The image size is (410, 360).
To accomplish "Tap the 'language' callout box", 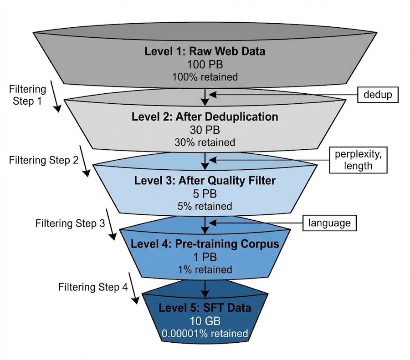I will click(x=329, y=223).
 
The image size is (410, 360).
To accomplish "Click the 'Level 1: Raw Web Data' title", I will click(x=205, y=51).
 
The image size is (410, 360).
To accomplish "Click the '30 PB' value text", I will click(x=205, y=130).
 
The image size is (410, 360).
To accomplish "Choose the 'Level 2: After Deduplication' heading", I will click(x=205, y=117).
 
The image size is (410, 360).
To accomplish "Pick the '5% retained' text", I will click(x=205, y=206).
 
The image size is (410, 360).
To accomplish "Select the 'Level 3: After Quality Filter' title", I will click(x=205, y=181).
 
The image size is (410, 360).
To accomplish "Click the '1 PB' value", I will click(x=205, y=256).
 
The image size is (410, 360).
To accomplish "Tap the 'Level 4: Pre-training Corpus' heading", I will click(x=205, y=243).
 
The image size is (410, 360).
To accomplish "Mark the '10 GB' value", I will click(x=205, y=321).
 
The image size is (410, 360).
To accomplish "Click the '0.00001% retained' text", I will click(x=205, y=334).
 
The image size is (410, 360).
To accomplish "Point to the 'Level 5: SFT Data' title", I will click(x=205, y=308).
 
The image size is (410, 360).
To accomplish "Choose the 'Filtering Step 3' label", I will click(x=70, y=223).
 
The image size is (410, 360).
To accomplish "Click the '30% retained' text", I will click(x=205, y=142).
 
